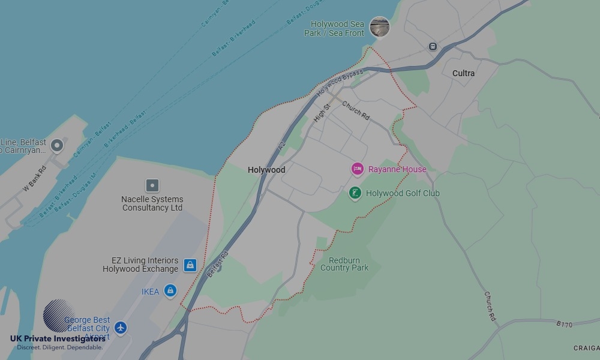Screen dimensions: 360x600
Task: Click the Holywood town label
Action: [266, 170]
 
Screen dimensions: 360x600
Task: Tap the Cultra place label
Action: [463, 73]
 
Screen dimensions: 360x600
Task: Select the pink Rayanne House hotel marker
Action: [358, 169]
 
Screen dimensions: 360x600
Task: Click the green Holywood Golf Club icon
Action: [355, 193]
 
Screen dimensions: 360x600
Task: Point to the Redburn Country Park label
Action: [344, 264]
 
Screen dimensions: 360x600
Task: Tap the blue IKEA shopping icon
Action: [170, 291]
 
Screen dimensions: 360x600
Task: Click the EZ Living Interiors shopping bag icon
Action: [190, 265]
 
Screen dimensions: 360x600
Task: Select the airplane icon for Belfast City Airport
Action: [121, 328]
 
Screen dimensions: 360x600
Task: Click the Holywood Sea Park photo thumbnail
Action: [379, 27]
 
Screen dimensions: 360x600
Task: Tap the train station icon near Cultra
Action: [432, 46]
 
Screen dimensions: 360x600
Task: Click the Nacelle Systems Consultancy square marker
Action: [152, 185]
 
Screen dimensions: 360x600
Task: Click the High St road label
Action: [322, 113]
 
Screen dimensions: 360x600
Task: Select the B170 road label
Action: [565, 324]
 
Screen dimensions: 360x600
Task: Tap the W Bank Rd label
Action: [34, 178]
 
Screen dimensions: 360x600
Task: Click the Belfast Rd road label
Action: [218, 264]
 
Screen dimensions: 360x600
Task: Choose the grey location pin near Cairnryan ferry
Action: [57, 145]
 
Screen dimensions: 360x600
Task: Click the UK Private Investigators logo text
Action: [58, 338]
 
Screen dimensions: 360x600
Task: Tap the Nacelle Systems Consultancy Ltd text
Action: [152, 203]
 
